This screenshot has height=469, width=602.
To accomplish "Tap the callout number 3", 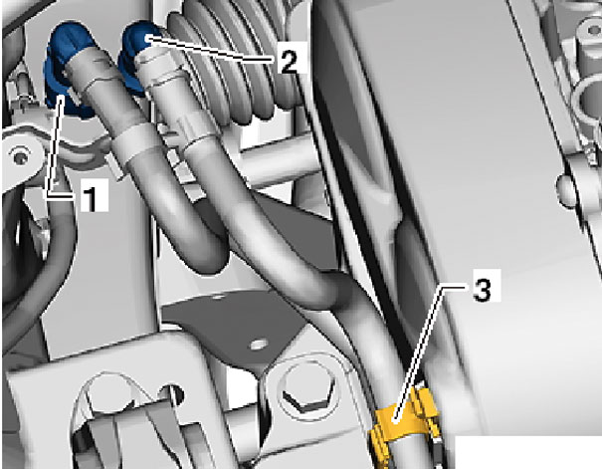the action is click(x=483, y=285).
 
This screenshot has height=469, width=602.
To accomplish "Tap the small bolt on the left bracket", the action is click(x=19, y=156).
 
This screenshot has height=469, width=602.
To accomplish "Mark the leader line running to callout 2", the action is click(x=210, y=49).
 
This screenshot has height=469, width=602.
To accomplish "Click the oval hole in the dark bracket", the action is click(x=259, y=345).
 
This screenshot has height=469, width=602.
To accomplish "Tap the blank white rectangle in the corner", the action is click(x=528, y=452).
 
